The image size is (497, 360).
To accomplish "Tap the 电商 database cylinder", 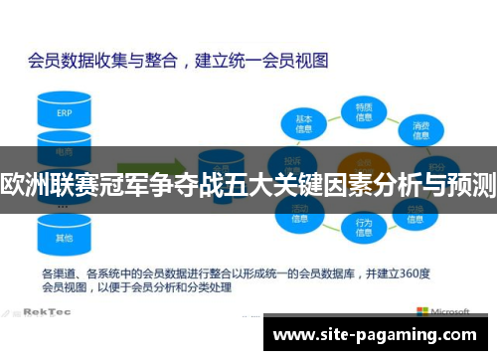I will pos(64,149).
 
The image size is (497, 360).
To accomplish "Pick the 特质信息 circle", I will pos(364,110).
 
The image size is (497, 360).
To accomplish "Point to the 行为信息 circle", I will pos(364,227).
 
